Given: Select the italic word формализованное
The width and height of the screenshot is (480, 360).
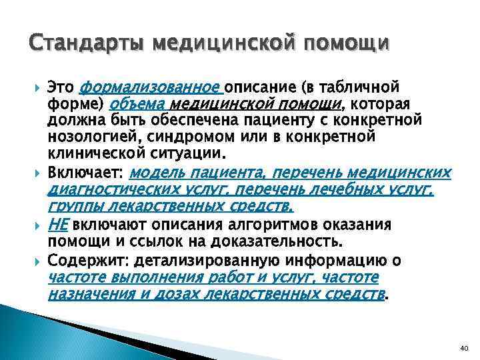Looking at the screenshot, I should [151, 87].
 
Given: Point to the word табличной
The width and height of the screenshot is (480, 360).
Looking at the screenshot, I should [361, 87].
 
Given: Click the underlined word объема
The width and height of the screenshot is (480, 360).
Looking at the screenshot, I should [138, 104].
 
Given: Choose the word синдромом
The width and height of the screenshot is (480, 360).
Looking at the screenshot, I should [169, 136].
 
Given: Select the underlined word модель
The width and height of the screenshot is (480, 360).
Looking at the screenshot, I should [154, 173].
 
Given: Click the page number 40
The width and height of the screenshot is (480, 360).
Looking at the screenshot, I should [465, 348].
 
